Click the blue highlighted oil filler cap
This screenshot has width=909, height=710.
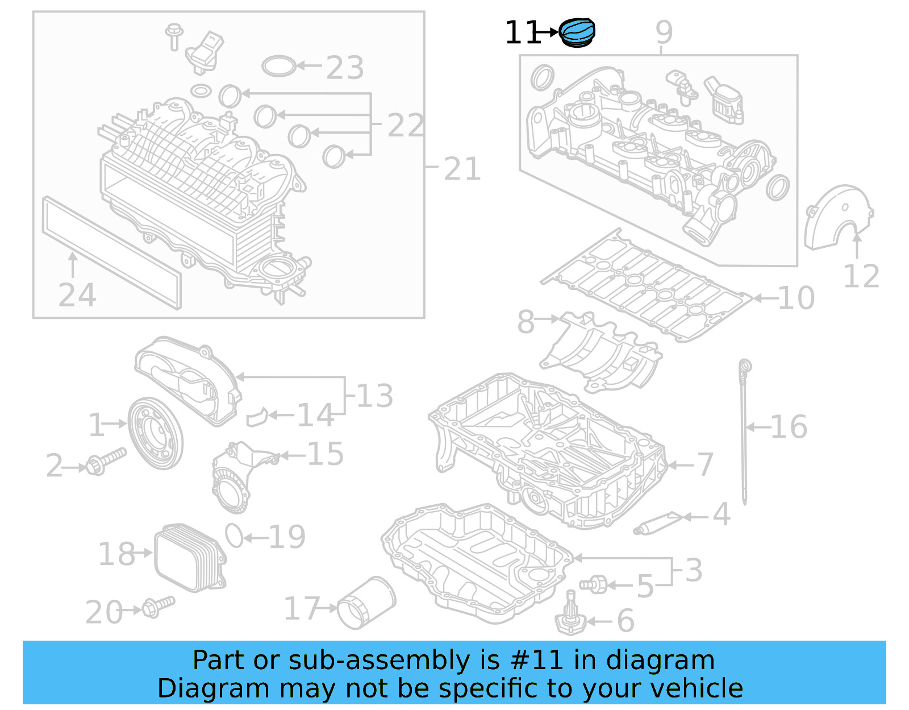[x=577, y=33]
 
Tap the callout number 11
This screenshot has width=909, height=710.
[x=522, y=33]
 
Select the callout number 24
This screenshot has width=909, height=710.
[x=77, y=296]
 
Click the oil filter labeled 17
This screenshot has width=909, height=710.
[x=366, y=603]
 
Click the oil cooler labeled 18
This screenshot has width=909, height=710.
[x=190, y=557]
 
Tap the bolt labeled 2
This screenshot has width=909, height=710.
[x=105, y=462]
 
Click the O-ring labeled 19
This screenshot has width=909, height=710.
[x=234, y=535]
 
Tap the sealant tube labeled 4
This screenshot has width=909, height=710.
[x=658, y=522]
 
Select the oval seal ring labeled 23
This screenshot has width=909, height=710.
[x=279, y=66]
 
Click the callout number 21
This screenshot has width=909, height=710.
[x=462, y=169]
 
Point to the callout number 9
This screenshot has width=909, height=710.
[x=664, y=32]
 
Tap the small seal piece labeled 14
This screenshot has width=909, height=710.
[x=257, y=417]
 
